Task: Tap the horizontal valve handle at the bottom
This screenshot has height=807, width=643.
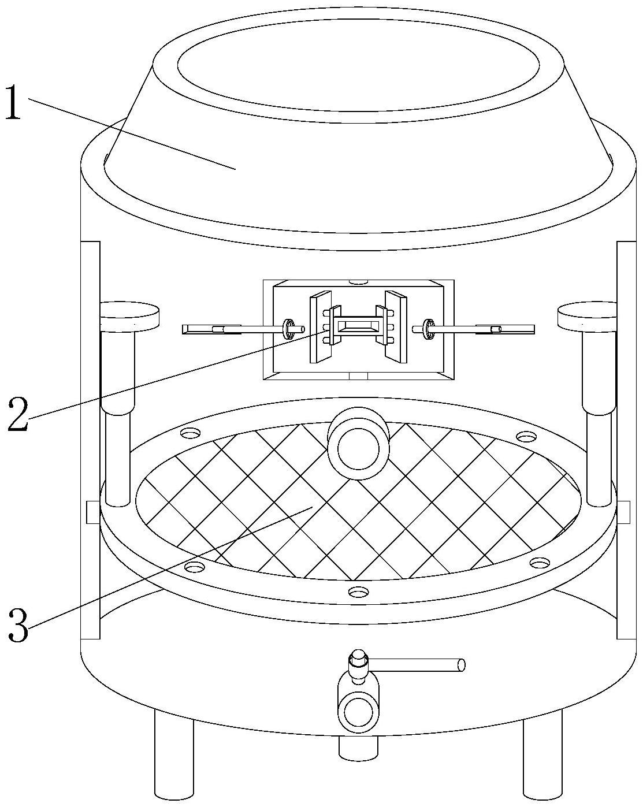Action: tap(416, 665)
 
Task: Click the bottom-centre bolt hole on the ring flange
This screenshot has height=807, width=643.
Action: tap(358, 592)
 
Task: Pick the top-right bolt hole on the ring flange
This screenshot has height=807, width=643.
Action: tap(526, 436)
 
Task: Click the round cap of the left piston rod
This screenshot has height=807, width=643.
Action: tap(130, 316)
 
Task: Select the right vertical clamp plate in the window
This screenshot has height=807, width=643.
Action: tap(396, 328)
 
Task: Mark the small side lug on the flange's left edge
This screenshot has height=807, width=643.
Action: tap(92, 512)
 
